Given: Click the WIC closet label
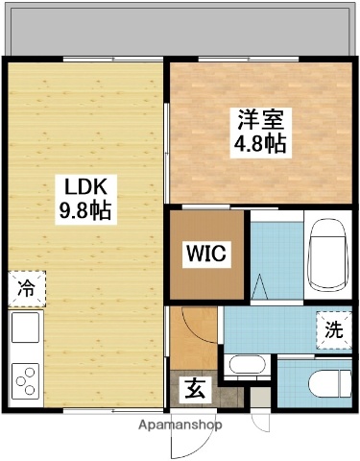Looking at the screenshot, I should click(x=207, y=254).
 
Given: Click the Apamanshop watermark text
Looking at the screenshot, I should click(x=180, y=424).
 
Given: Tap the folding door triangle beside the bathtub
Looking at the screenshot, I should click(x=262, y=285).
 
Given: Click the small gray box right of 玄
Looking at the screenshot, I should click(x=220, y=392).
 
